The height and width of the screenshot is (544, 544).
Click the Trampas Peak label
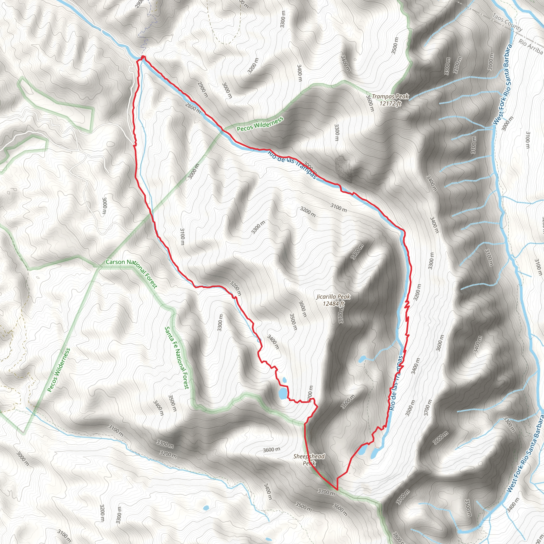click(x=390, y=97)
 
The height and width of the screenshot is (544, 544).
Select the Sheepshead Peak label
click(x=309, y=456)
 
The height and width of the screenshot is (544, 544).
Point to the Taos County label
click(x=507, y=22)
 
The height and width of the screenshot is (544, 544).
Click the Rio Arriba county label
click(x=530, y=46)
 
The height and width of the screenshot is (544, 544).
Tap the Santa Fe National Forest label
click(x=177, y=358)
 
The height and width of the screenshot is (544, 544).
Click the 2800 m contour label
click(x=193, y=108)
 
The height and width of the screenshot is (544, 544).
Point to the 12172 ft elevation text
click(x=390, y=103)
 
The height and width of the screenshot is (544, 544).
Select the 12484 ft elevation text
click(x=333, y=304)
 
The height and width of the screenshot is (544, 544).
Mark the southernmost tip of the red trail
click(x=337, y=490)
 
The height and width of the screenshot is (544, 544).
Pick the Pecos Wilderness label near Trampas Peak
click(x=260, y=124)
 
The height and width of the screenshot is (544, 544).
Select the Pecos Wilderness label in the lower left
click(x=58, y=370)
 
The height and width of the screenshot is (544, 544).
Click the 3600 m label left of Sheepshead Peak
click(x=271, y=450)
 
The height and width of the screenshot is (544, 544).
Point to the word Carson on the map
click(x=115, y=262)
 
